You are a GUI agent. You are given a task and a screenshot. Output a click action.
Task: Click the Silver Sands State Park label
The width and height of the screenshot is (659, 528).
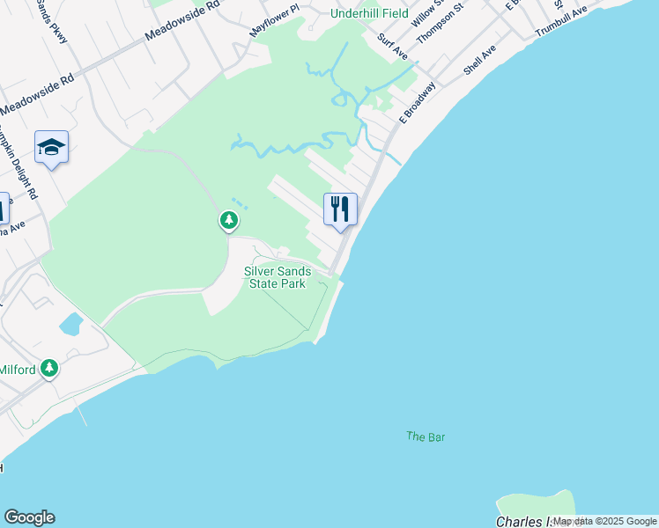pos(278,278)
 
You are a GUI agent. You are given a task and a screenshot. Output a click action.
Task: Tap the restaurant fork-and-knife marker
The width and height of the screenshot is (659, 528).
pos(340,209)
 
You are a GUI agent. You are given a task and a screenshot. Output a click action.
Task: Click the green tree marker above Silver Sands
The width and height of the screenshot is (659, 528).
pos(229,220)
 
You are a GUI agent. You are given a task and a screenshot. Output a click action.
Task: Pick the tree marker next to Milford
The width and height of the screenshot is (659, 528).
pos(50,368)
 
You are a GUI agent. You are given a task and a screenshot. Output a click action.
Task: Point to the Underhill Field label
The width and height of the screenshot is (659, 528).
pos(370,13)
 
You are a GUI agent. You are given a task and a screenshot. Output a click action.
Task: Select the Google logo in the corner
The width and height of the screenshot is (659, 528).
pos(29,517)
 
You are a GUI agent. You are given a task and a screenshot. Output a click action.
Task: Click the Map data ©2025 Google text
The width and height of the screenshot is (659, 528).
pos(604,521)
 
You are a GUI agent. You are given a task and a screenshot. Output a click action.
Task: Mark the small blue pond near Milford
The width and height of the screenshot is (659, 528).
pos(70,324)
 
